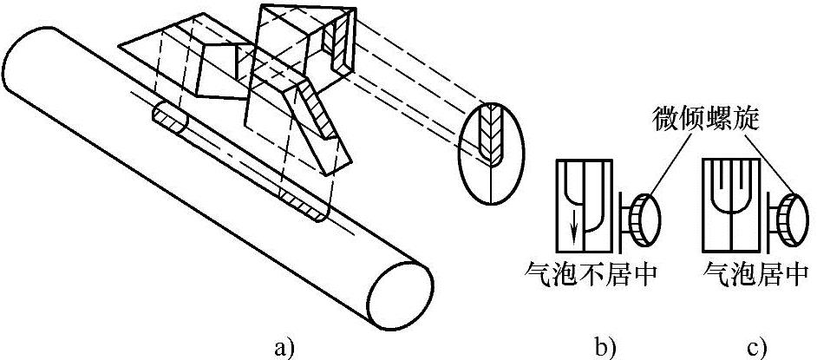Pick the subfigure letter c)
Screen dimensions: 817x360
(x=756, y=347)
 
